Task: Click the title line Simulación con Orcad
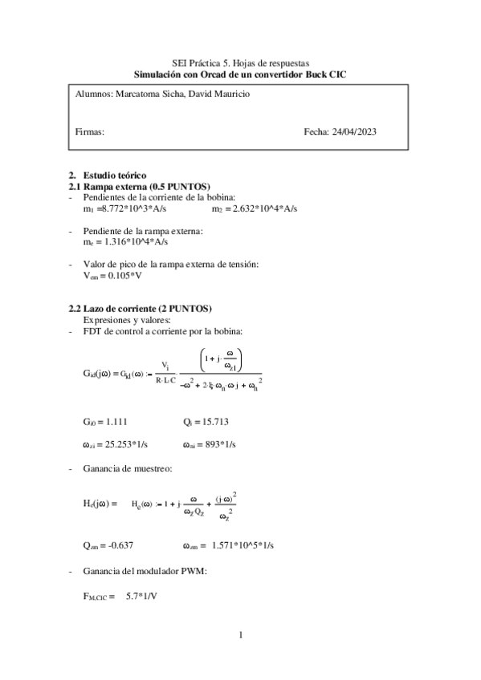coord(241,74)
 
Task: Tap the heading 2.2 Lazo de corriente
coord(147,309)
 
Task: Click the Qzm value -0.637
coord(118,544)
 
